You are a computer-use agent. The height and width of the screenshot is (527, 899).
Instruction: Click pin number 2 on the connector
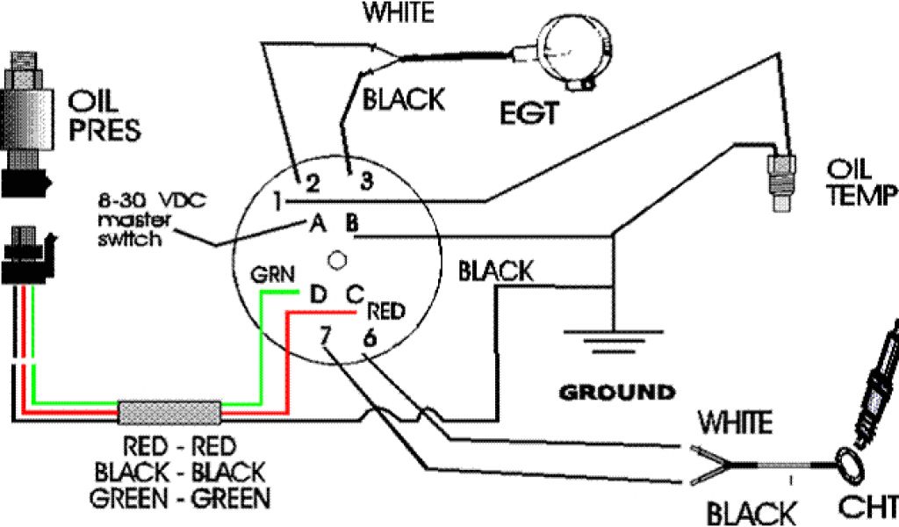pyautogui.click(x=312, y=183)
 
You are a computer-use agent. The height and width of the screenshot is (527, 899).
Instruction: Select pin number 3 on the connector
pyautogui.click(x=363, y=182)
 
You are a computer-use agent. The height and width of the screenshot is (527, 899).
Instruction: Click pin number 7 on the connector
pyautogui.click(x=327, y=335)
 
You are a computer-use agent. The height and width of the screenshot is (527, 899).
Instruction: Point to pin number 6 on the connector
pyautogui.click(x=370, y=336)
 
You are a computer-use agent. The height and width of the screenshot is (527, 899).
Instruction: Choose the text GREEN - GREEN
pyautogui.click(x=180, y=499)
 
